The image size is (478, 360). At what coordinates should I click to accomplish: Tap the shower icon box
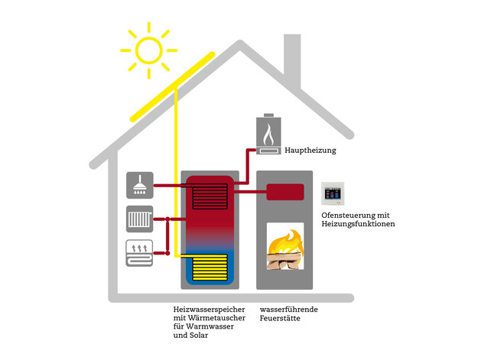140,185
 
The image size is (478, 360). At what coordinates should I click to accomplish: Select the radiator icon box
140,219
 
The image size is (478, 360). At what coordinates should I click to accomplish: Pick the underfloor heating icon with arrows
139,253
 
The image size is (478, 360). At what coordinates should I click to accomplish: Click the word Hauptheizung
311,151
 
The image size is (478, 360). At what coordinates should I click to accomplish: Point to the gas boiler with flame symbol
268,134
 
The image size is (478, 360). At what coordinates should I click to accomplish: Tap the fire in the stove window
285,250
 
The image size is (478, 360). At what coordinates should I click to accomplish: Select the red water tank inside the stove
285,192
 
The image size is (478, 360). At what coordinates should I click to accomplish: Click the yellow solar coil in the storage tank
210,267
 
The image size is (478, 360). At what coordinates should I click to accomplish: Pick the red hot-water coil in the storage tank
210,196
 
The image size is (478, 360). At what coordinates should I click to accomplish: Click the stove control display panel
333,193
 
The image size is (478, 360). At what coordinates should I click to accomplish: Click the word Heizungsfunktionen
358,224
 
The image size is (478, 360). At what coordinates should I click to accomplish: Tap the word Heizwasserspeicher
209,310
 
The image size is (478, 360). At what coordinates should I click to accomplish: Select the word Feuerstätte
280,318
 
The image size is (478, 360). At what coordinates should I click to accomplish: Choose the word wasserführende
288,310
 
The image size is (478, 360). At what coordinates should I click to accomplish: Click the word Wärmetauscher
216,318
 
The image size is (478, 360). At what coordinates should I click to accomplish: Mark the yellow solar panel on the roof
173,87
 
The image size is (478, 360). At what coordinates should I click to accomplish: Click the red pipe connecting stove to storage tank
250,192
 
